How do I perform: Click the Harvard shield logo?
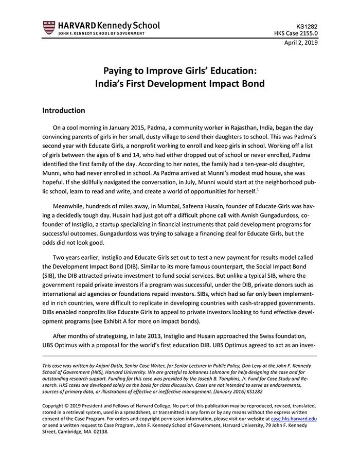coord(49,28)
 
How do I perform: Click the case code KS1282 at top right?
coord(307,25)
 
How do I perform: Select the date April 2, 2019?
coord(301,43)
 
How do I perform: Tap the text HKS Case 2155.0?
coord(296,33)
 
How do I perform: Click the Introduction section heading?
coord(63,111)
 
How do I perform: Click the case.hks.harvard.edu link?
coord(294,419)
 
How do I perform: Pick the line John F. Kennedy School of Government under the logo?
coord(94,33)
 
